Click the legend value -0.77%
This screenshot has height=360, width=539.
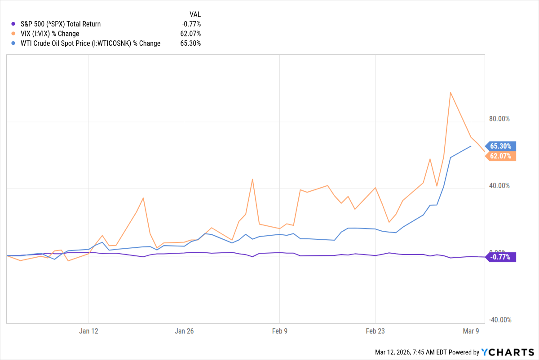pyautogui.click(x=191, y=24)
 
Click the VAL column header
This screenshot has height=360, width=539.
pyautogui.click(x=195, y=14)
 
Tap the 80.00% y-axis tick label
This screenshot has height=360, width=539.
pyautogui.click(x=499, y=119)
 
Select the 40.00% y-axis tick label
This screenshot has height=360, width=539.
pyautogui.click(x=499, y=186)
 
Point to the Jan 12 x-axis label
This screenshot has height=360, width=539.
pyautogui.click(x=88, y=331)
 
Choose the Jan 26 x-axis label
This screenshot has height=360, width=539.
pyautogui.click(x=184, y=331)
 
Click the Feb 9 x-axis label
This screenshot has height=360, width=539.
pyautogui.click(x=280, y=331)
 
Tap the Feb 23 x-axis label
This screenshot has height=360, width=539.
pyautogui.click(x=376, y=331)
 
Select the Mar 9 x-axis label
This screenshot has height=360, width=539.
pyautogui.click(x=471, y=331)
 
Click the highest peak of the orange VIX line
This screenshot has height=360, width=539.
pyautogui.click(x=451, y=92)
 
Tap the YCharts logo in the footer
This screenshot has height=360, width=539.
pyautogui.click(x=507, y=352)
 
